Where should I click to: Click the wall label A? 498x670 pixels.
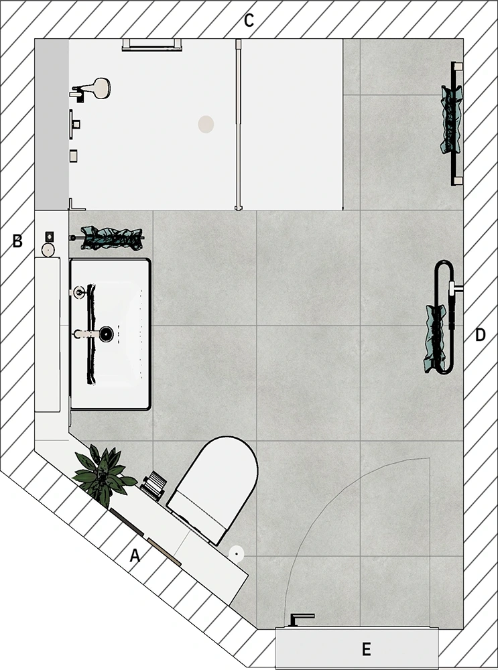click(135, 556)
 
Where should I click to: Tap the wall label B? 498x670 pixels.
click(17, 241)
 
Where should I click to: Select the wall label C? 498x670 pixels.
click(249, 20)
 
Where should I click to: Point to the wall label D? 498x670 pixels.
click(481, 336)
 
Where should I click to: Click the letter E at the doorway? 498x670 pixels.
click(366, 649)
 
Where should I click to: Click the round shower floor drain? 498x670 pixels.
click(206, 125)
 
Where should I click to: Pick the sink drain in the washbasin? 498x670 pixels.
click(106, 334)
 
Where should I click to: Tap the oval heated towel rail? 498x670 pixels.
click(444, 317)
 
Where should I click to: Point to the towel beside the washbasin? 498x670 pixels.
click(112, 238)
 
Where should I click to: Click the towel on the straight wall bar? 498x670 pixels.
click(451, 120)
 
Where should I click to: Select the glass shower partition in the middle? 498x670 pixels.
click(238, 125)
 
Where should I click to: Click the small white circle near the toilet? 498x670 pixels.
click(237, 553)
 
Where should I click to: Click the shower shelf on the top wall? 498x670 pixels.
click(151, 45)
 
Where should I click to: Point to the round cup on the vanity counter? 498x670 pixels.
click(48, 249)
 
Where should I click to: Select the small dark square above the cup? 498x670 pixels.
click(50, 236)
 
